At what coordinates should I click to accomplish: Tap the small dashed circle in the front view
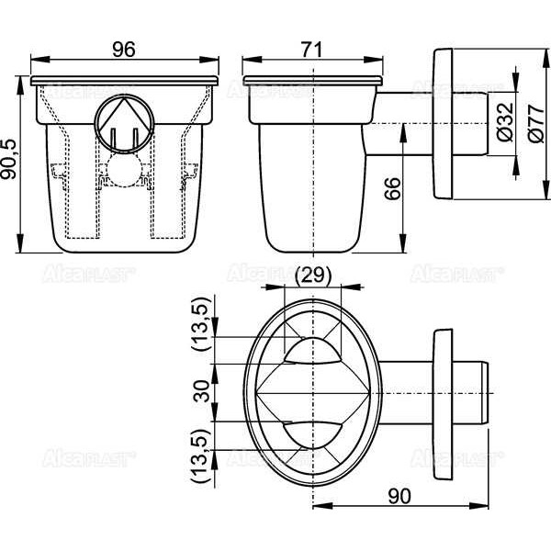(x=123, y=172)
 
